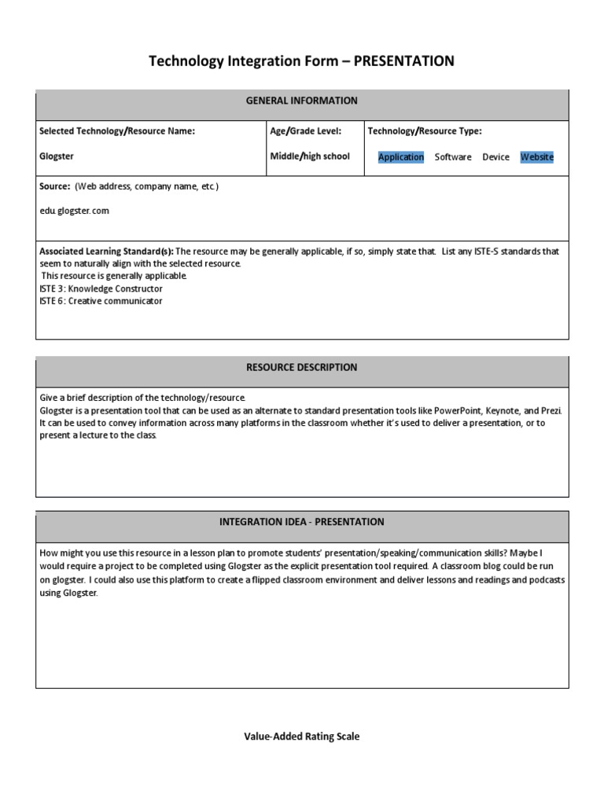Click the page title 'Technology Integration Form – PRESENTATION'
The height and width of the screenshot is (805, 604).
[x=302, y=61]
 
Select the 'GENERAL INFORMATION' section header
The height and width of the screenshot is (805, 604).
[x=302, y=101]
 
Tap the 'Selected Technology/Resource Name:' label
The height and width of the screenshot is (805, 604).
[x=117, y=131]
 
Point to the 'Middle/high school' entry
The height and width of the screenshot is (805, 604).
[x=310, y=156]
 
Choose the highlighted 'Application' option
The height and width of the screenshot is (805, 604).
[x=401, y=157]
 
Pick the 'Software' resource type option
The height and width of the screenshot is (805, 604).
[x=453, y=157]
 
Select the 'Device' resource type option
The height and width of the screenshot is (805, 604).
[x=495, y=157]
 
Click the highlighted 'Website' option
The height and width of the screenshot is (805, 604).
[x=537, y=157]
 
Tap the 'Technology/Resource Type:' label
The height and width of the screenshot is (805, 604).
[x=425, y=131]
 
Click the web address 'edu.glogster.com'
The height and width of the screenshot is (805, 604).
[x=75, y=211]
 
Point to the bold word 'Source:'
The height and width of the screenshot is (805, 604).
[x=55, y=186]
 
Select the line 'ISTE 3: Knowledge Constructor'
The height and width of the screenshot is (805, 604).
[x=101, y=289]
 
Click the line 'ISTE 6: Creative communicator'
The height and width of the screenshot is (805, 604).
[x=101, y=301]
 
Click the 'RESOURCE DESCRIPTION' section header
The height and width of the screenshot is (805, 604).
[x=302, y=367]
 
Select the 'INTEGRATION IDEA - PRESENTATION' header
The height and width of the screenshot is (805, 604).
[x=302, y=522]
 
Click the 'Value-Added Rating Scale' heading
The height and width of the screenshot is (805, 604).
[x=302, y=737]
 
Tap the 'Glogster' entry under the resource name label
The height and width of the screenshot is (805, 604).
[x=57, y=156]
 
